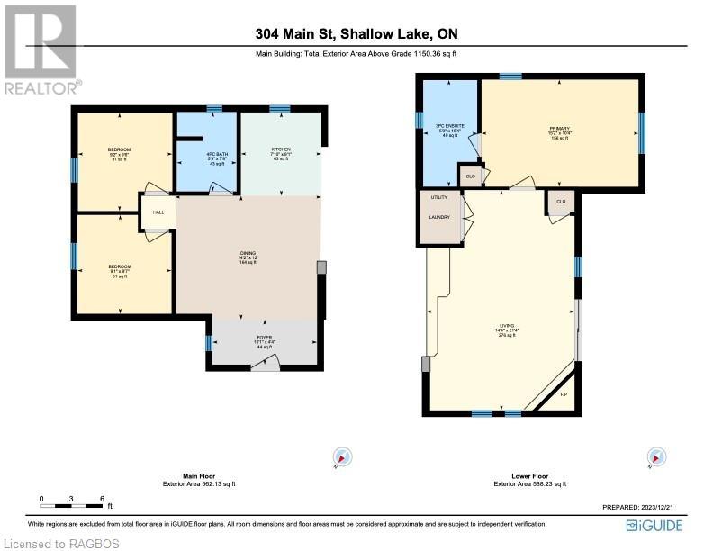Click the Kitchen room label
pyautogui.click(x=280, y=149)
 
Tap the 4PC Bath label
pyautogui.click(x=217, y=154)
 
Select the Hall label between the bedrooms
pyautogui.click(x=158, y=212)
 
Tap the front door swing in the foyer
pyautogui.click(x=265, y=362)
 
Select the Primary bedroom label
pyautogui.click(x=560, y=129)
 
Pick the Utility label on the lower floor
pyautogui.click(x=438, y=197)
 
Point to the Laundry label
pyautogui.click(x=438, y=217)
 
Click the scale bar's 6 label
pyautogui.click(x=103, y=498)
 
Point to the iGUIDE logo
pyautogui.click(x=655, y=525)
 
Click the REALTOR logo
pyautogui.click(x=41, y=50)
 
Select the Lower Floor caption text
pyautogui.click(x=529, y=476)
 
